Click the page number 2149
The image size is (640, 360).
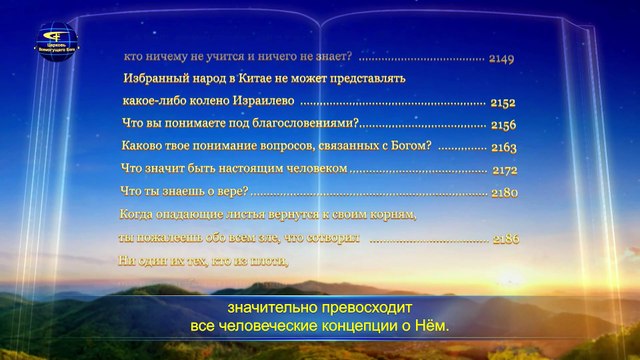(x=502, y=59)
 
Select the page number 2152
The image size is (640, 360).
(x=503, y=102)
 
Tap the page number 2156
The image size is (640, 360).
(x=503, y=124)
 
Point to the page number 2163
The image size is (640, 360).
(x=503, y=147)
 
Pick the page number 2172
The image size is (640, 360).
(x=504, y=170)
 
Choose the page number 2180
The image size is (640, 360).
(x=504, y=193)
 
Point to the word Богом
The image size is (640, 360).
(x=410, y=147)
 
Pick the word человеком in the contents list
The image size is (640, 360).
(x=315, y=170)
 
